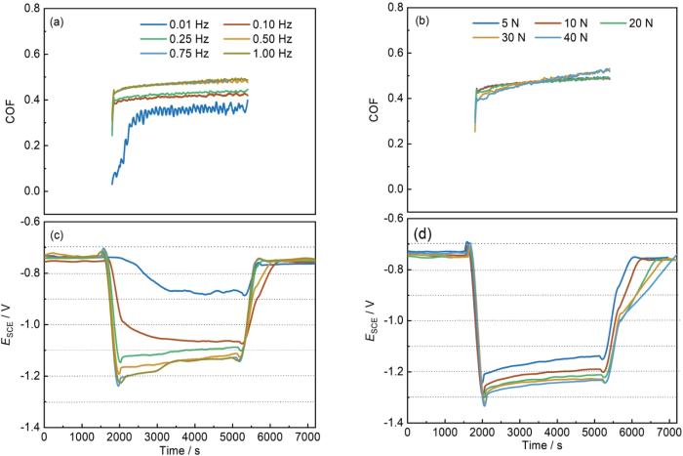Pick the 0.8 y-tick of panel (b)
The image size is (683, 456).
[x=392, y=9]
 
